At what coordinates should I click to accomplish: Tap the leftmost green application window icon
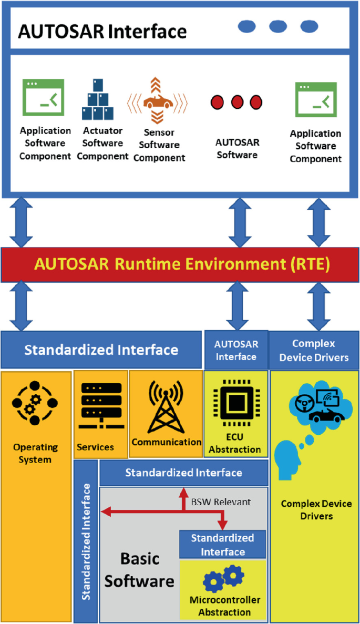tap(43, 97)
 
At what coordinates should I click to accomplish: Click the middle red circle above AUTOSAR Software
tap(236, 102)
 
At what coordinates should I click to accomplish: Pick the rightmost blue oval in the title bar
tap(309, 26)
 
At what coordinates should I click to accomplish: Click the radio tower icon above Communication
tap(166, 405)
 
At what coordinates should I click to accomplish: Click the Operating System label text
tap(36, 453)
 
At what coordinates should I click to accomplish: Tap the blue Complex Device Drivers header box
tap(313, 350)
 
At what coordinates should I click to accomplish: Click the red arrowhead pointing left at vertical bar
tap(105, 510)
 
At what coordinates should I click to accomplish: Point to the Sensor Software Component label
tap(159, 145)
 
